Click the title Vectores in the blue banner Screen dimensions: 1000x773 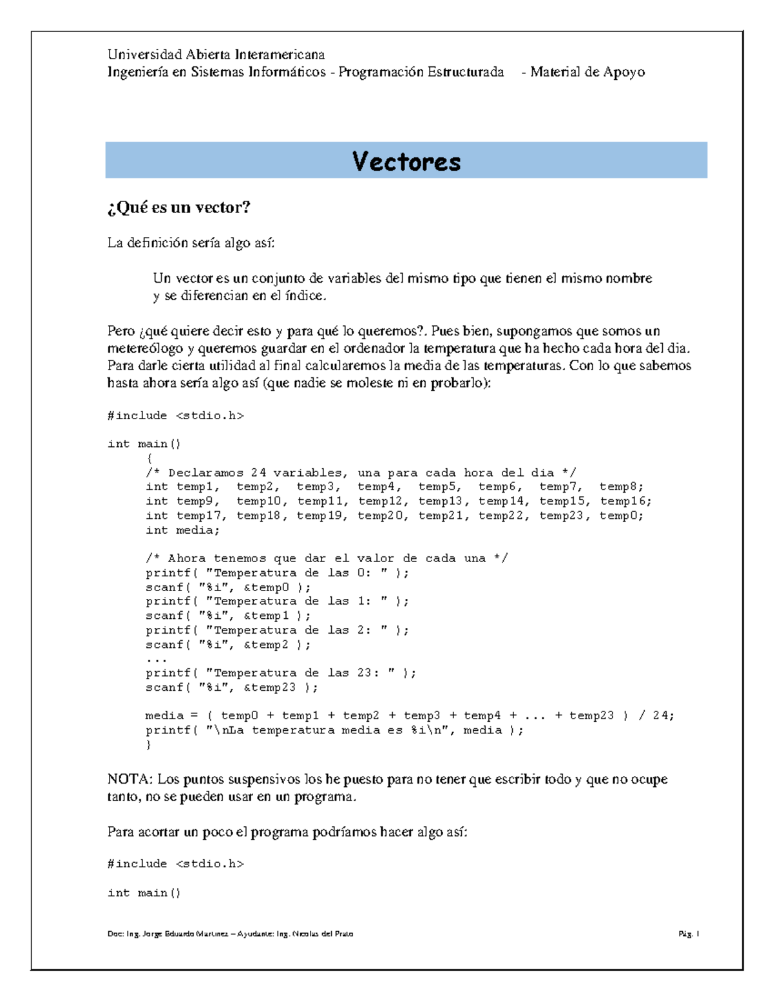tap(406, 161)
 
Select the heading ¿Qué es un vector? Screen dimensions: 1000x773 tap(178, 207)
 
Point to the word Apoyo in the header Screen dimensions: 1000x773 tap(623, 72)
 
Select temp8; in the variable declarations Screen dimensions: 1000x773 tap(621, 487)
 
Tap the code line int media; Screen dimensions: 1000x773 tap(182, 530)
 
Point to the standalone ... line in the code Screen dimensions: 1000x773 tap(156, 659)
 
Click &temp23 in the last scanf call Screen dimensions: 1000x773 tap(269, 687)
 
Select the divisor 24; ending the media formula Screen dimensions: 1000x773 tap(663, 715)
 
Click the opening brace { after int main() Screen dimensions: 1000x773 tap(149, 458)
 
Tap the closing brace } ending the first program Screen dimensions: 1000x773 tap(149, 744)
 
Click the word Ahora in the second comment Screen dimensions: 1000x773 tap(187, 558)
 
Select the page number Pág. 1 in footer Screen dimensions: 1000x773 tap(689, 934)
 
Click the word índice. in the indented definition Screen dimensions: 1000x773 tap(306, 296)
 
